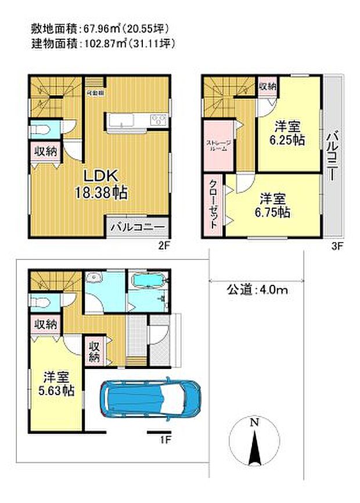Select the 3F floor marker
[x=337, y=245]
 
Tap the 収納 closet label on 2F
[x=45, y=152]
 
